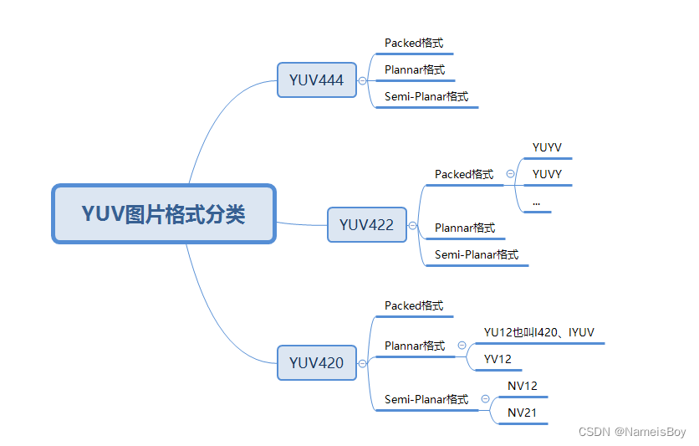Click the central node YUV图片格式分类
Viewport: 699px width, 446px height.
(x=164, y=214)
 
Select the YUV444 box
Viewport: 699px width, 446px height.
(x=317, y=80)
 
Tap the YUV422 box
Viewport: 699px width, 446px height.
(x=367, y=225)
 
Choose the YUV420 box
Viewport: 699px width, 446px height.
(x=317, y=363)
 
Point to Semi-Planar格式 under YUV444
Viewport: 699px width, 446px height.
(x=426, y=96)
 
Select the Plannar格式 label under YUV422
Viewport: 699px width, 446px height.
(x=465, y=228)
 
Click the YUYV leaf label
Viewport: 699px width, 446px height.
(x=547, y=148)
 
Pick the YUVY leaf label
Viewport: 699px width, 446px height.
(x=547, y=175)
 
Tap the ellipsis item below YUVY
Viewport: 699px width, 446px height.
(x=536, y=202)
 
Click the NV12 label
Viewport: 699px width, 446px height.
(x=523, y=386)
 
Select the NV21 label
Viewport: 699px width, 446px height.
(x=523, y=413)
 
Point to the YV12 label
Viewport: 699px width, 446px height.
(x=497, y=359)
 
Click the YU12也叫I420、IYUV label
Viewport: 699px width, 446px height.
(x=539, y=332)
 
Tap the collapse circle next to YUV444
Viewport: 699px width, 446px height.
(x=362, y=81)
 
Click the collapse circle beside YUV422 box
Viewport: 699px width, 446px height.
(x=412, y=226)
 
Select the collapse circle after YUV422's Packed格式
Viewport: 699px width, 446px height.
(x=510, y=174)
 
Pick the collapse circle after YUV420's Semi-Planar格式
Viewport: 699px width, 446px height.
(x=485, y=399)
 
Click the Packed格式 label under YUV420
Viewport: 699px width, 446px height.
(x=414, y=305)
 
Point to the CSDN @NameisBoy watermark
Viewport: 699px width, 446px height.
(x=632, y=432)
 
